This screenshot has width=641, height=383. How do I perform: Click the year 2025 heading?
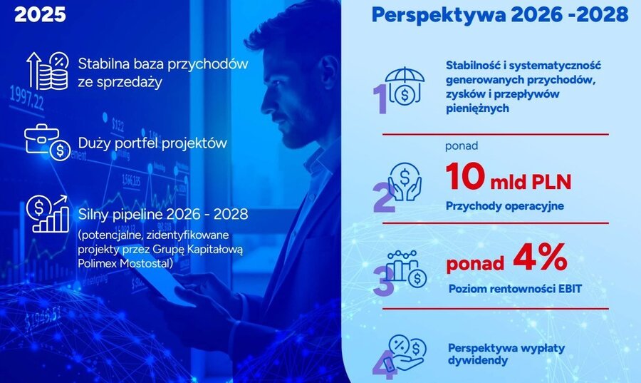pos(40,14)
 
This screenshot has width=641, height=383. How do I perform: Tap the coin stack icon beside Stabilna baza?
pos(48,71)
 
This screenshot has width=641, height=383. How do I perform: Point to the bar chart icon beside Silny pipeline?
pos(48,213)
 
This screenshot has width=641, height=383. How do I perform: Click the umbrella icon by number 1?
pos(405,86)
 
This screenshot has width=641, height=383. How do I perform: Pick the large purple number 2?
pos(385,198)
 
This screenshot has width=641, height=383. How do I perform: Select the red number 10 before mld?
pos(465,176)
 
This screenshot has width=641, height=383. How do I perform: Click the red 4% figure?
pos(540,257)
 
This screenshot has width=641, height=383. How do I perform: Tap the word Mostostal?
pos(145,263)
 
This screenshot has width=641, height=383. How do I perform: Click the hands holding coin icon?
pos(405,182)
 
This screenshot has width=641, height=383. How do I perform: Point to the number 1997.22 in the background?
pos(26,98)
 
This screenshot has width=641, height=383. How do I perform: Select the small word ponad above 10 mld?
pos(462,145)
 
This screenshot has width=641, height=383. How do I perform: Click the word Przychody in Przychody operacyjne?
pos(474,206)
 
